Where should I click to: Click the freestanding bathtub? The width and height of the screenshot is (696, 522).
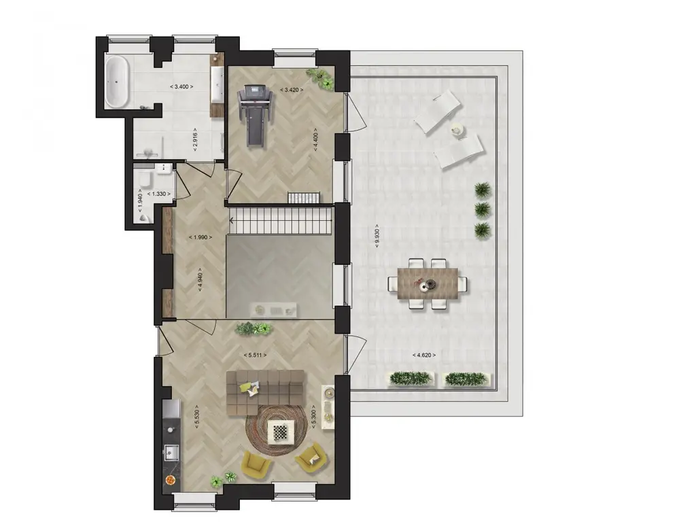coord(117,82)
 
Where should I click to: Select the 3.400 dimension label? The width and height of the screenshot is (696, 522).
coord(181,87)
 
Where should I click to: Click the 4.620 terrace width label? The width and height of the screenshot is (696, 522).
coord(424,355)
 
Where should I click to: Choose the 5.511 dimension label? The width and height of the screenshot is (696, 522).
coord(255,355)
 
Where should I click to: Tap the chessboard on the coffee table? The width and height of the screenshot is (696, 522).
coord(279,430)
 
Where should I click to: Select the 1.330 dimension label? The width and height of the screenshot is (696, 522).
coord(159,194)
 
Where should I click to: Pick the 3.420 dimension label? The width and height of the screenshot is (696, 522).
coord(292,89)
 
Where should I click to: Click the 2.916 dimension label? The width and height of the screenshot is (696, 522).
coord(195,139)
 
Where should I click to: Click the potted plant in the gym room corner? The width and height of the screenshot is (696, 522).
coord(322,78)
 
